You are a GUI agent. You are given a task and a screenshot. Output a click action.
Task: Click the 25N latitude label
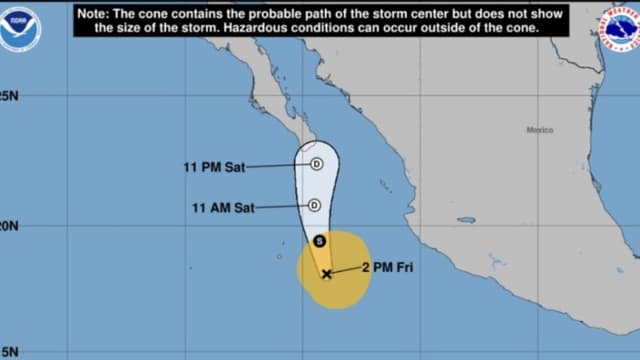coord(9,96)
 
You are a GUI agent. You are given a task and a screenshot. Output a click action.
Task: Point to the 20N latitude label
coord(9,226)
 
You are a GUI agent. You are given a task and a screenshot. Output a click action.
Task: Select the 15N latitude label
coord(9,351)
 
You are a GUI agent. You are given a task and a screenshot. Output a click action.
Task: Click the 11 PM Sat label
coord(214,167)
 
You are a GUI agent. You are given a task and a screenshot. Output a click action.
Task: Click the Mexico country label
coord(540,130)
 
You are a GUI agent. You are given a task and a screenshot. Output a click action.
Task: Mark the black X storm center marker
coord(327,273)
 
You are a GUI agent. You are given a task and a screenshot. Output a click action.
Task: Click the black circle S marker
coord(319,241)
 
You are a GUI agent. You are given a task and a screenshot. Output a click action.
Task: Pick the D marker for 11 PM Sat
coord(316,164)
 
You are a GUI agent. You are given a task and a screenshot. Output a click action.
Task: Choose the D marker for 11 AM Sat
coord(314,205)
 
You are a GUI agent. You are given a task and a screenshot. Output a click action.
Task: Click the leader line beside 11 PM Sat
coord(276,166)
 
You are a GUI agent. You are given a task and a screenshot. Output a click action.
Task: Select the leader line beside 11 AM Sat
coord(282,207)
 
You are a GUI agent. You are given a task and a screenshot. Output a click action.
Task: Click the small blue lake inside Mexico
coord(466,220)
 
